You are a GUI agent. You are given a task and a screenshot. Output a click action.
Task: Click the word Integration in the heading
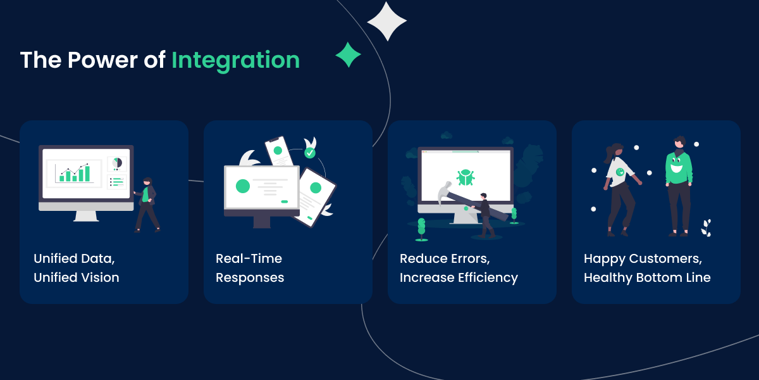click(235, 61)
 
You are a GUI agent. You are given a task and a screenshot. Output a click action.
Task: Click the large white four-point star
click(386, 21)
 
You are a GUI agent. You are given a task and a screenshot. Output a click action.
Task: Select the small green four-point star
click(348, 55)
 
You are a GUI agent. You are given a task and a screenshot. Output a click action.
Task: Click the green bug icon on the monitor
click(466, 177)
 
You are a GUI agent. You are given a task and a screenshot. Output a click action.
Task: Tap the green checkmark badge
click(309, 153)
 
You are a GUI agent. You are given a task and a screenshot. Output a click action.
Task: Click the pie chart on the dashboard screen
click(116, 163)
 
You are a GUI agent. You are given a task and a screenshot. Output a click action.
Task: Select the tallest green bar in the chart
click(88, 173)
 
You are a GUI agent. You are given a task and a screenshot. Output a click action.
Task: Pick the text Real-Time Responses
click(249, 268)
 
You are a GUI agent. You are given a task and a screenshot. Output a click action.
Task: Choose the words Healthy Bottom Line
click(646, 277)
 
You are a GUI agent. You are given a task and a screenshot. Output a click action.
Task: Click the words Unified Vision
click(76, 277)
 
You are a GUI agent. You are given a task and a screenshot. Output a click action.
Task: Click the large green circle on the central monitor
click(242, 186)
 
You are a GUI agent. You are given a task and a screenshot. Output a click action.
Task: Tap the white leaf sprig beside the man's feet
click(706, 227)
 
